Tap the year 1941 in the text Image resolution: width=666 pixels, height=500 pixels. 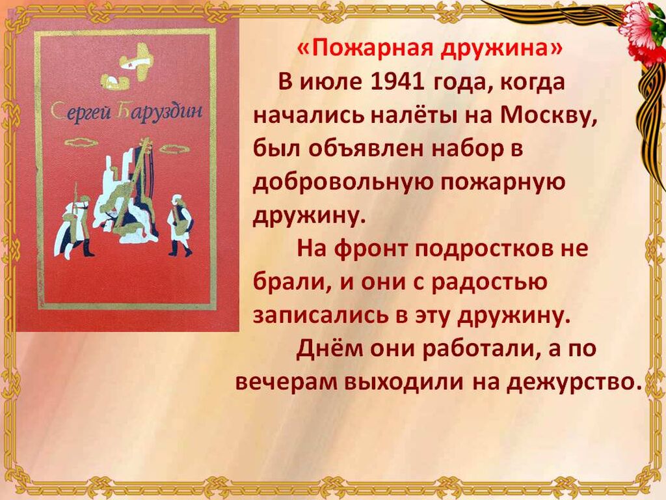397,81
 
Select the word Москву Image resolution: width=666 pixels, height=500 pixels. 549,115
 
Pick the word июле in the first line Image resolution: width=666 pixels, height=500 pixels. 330,81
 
